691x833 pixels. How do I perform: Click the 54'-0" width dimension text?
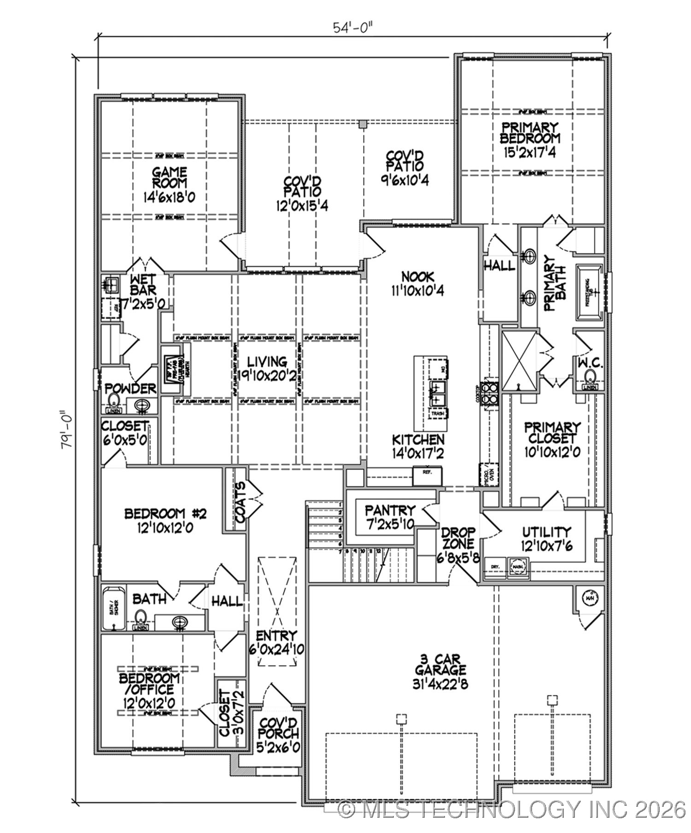(x=352, y=28)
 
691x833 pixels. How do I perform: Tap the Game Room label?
(x=170, y=177)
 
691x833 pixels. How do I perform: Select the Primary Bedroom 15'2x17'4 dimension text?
(x=530, y=152)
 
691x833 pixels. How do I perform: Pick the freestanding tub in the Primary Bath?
(x=590, y=293)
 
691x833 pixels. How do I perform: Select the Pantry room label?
(x=390, y=510)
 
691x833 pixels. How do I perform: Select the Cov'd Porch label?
(x=278, y=728)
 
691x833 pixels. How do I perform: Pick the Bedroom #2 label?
(x=159, y=513)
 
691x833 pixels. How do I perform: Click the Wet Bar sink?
(x=111, y=285)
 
